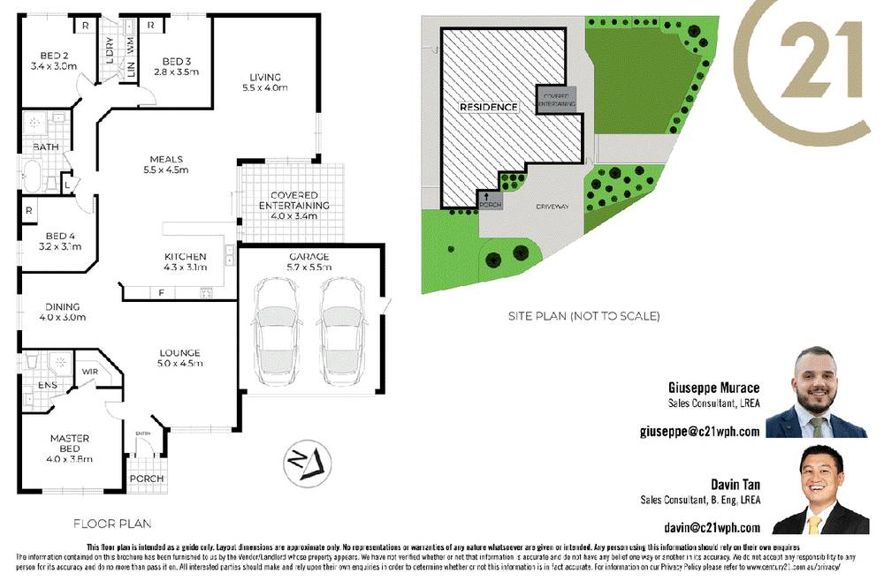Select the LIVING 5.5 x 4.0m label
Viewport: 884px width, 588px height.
pos(264,82)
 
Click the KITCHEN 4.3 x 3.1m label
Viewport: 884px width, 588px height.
pos(185,261)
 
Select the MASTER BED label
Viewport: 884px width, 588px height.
pos(70,449)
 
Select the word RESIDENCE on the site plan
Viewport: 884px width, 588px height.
pos(488,107)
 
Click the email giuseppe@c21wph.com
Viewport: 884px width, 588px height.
pos(699,432)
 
